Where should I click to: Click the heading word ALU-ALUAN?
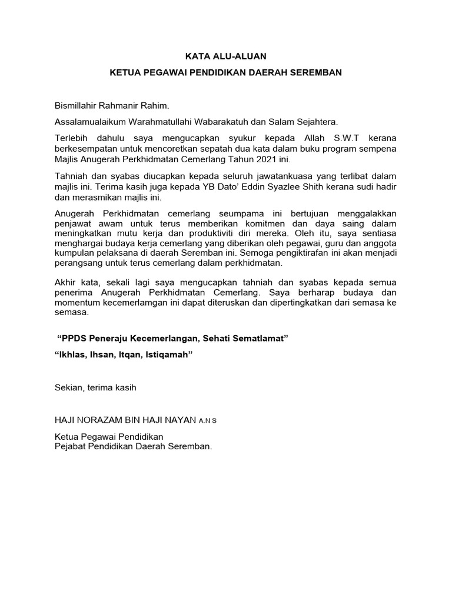242,56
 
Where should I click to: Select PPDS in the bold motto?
72,340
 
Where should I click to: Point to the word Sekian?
69,387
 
